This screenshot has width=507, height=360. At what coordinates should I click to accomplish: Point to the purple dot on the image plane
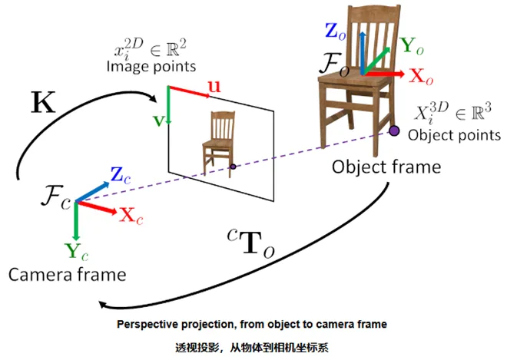[x=234, y=166]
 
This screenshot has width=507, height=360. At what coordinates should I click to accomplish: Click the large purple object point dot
[x=394, y=131]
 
